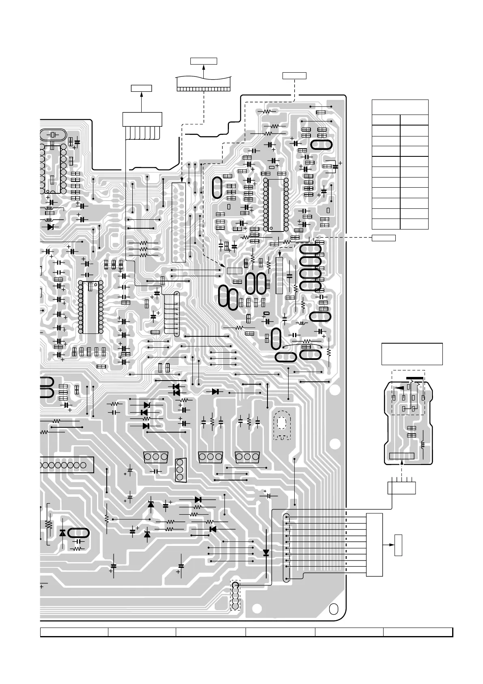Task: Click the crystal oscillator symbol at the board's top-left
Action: click(52, 134)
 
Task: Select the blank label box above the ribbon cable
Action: click(203, 61)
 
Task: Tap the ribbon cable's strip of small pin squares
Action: click(203, 89)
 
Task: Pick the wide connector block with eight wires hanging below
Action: click(142, 119)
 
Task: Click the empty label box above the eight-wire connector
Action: click(141, 88)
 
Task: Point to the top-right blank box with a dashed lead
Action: click(294, 75)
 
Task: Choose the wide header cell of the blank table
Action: click(400, 107)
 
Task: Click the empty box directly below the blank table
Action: click(384, 238)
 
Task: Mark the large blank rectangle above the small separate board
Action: click(412, 354)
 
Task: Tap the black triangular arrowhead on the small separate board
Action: click(400, 388)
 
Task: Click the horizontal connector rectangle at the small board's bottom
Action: click(401, 456)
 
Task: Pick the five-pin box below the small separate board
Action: click(401, 487)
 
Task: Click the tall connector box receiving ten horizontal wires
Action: click(374, 545)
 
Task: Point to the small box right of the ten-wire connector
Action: click(399, 545)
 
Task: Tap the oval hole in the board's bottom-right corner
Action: click(333, 610)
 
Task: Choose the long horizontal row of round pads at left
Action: click(65, 465)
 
